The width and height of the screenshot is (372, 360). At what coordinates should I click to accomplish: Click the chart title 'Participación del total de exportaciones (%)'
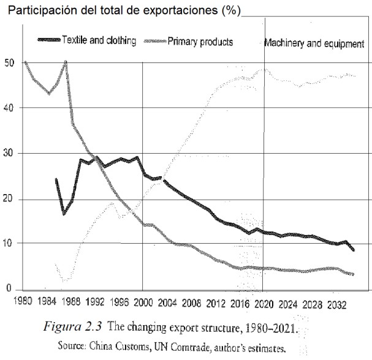coord(124,12)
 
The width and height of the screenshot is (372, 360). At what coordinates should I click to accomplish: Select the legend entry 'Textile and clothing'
coord(98,42)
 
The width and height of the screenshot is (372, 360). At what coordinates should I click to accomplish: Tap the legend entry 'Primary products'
coord(199,42)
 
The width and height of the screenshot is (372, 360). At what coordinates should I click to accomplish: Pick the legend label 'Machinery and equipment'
coord(314,43)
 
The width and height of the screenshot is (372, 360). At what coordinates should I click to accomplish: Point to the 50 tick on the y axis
coord(9,62)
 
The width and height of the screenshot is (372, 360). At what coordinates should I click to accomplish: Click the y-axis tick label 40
coord(9,108)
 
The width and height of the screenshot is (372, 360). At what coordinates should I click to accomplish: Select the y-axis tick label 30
coord(9,153)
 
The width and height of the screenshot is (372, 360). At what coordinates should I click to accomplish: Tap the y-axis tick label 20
coord(9,199)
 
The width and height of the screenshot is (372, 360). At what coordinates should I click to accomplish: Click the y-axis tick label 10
coord(9,244)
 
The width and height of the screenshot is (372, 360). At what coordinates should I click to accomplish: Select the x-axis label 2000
coord(142,301)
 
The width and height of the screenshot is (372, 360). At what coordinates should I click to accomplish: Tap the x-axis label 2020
coord(264,301)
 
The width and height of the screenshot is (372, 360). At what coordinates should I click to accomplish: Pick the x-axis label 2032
coord(336,301)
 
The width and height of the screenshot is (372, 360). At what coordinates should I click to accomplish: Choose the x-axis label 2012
coord(216,301)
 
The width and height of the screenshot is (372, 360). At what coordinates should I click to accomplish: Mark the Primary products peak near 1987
coord(66,62)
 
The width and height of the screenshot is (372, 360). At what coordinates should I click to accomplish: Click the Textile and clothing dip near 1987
coord(64,213)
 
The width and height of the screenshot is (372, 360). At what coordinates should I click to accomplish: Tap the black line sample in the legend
coord(48,41)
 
